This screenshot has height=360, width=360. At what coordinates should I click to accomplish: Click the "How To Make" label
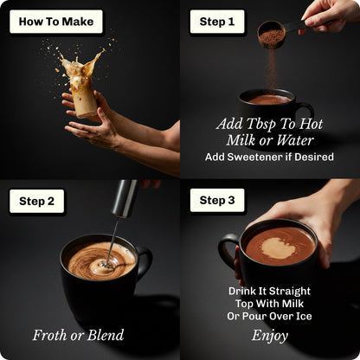coord(56,22)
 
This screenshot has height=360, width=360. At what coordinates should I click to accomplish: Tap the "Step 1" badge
coord(217,22)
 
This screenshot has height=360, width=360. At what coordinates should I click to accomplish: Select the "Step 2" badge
coord(36,201)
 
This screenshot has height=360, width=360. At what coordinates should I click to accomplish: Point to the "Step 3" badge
coord(217,200)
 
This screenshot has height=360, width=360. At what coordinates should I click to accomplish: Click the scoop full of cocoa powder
coord(271,34)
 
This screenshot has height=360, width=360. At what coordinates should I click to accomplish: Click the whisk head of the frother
coord(105,264)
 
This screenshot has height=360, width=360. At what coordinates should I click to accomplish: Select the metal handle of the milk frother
coord(125,198)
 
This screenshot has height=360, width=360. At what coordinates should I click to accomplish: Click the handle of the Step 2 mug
coord(145,261)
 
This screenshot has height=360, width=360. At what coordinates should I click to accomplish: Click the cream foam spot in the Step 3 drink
coord(279,247)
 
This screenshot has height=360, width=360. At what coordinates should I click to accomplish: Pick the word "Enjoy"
coord(270,336)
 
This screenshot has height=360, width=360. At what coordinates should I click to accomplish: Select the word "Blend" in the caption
coord(106,335)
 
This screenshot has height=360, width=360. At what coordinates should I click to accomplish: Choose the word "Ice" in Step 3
coord(304,316)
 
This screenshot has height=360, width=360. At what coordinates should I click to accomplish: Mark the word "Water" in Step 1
coord(295,140)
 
